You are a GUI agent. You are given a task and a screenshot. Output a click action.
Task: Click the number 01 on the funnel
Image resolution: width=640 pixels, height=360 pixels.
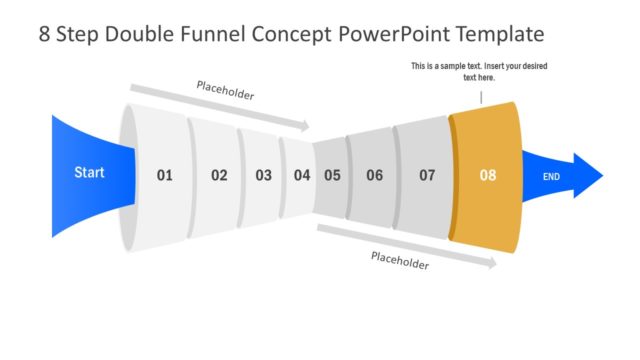(165, 176)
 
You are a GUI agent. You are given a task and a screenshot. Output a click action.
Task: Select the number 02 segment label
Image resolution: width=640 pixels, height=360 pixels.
(219, 176)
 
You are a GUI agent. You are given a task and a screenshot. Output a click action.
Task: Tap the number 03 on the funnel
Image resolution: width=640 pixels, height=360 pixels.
(263, 176)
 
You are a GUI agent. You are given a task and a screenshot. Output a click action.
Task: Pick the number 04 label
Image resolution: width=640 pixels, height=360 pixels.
(302, 176)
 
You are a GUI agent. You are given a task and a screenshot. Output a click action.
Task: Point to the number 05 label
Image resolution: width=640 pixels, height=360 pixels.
(332, 176)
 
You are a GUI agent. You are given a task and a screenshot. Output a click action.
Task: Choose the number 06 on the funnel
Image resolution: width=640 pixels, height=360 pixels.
(374, 176)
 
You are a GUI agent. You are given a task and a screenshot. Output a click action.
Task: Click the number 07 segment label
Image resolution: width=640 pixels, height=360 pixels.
(427, 176)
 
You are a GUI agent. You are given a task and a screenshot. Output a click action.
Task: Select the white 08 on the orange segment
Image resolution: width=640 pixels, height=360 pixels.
(488, 176)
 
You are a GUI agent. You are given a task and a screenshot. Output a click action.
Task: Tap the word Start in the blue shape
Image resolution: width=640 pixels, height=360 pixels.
(89, 173)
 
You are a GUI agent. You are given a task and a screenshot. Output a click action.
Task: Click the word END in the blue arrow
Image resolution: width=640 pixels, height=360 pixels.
(551, 177)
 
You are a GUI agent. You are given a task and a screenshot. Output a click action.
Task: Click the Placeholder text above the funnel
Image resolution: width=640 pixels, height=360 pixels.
(225, 95)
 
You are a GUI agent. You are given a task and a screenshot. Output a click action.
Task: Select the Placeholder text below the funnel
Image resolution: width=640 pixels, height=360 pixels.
(400, 261)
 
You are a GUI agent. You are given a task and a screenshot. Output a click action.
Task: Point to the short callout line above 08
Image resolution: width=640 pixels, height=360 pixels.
(481, 97)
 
